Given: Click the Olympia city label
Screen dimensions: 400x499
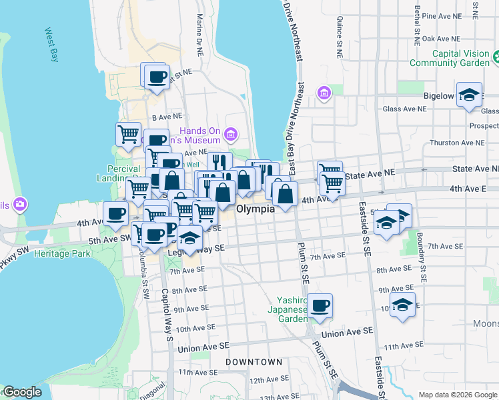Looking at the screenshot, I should (256, 209).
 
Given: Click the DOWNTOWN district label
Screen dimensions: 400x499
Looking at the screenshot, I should (254, 362).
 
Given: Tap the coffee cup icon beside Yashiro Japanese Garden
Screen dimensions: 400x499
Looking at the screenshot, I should (320, 305).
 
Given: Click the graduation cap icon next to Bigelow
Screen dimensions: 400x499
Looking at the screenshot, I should (469, 94).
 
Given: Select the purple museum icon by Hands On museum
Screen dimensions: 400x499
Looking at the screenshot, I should (231, 135).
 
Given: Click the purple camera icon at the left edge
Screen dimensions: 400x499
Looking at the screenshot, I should (19, 203).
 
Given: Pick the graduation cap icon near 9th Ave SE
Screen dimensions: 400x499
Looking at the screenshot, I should (402, 305).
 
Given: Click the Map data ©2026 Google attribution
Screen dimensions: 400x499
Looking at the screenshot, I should (457, 395).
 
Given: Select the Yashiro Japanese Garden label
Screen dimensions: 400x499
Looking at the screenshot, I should (288, 309).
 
